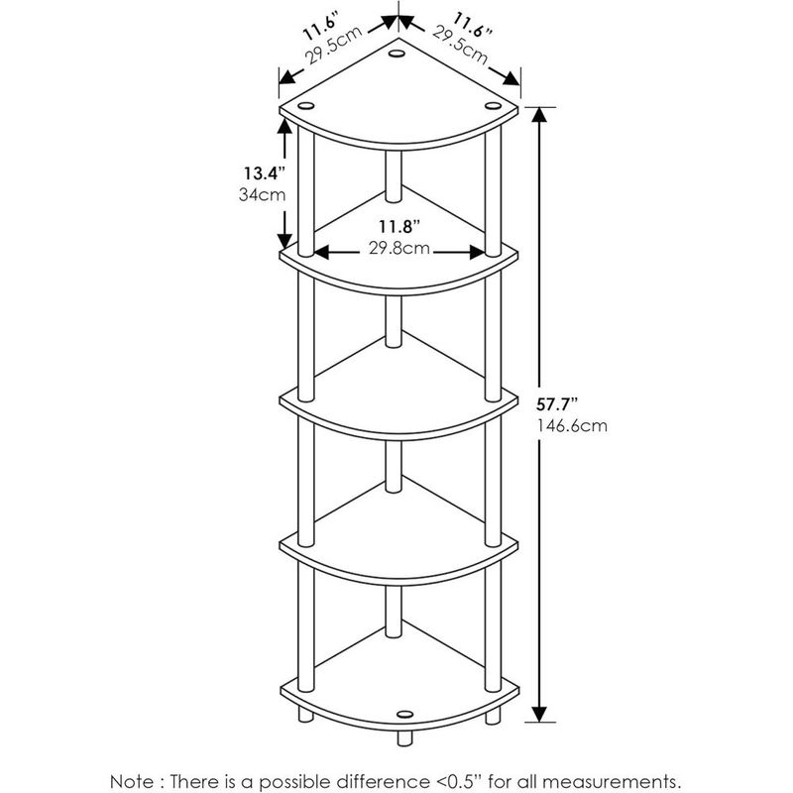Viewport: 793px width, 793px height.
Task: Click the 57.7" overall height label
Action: click(x=557, y=404)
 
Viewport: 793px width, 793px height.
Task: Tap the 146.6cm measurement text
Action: click(x=572, y=426)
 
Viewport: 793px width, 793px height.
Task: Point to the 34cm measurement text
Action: click(x=262, y=194)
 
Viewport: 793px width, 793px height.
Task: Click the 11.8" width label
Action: click(x=399, y=227)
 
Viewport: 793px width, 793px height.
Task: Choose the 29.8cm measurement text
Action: click(x=399, y=249)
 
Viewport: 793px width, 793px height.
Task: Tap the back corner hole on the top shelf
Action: click(x=396, y=54)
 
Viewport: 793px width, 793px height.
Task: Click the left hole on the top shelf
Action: click(x=306, y=106)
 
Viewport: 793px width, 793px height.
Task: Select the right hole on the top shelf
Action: click(x=493, y=106)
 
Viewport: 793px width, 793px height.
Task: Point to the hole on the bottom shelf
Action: click(x=404, y=715)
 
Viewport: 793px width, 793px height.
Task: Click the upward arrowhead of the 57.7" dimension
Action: click(x=539, y=116)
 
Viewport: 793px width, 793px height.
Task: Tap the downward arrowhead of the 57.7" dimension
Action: click(x=539, y=714)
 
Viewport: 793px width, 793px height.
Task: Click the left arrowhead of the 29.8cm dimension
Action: click(x=322, y=252)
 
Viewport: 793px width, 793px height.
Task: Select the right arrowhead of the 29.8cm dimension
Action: click(x=477, y=252)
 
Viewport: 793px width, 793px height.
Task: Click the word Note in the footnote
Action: click(x=132, y=781)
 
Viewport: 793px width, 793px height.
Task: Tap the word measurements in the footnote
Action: click(x=613, y=782)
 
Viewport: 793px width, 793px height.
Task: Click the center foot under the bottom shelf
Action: click(x=404, y=737)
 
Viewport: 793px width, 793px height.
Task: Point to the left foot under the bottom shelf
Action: click(x=306, y=714)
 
